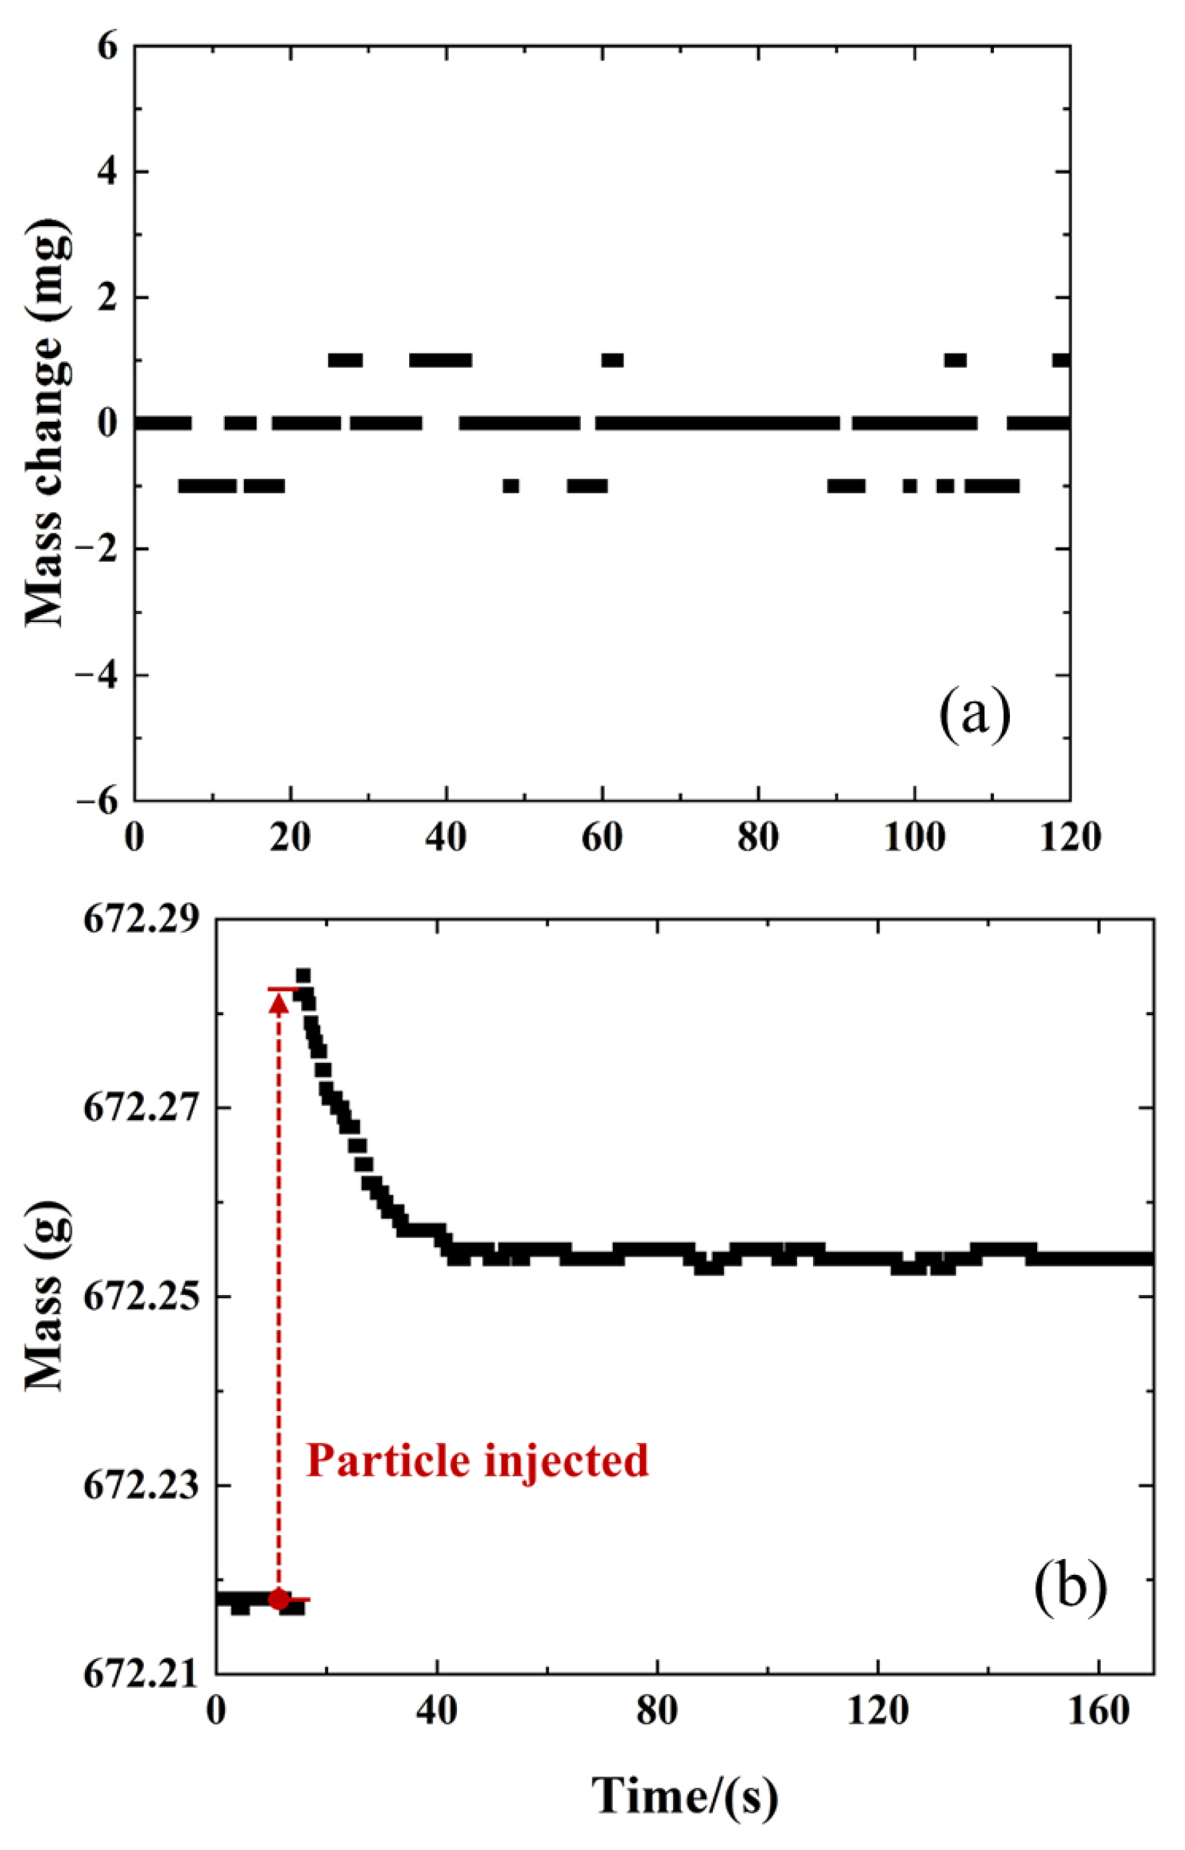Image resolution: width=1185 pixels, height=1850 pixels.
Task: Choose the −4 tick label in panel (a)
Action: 95,674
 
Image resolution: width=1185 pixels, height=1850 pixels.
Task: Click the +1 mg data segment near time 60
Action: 613,360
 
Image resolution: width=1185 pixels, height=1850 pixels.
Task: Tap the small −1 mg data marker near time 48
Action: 511,486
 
